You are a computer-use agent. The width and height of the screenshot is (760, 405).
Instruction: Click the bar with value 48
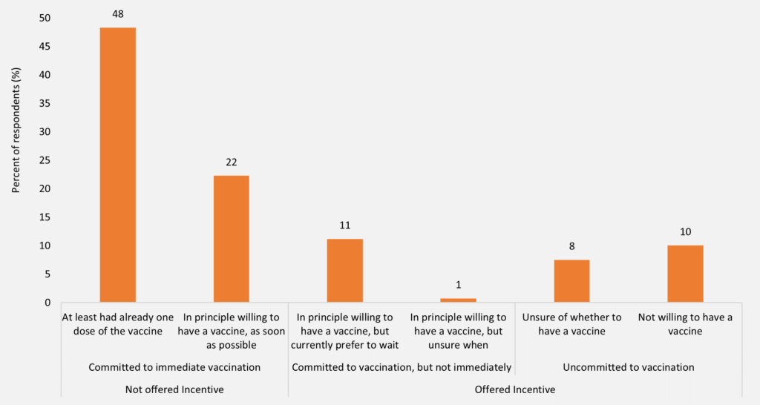tap(118, 165)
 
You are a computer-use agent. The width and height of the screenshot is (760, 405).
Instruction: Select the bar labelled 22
tap(232, 239)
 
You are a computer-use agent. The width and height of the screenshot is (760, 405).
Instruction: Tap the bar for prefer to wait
tap(345, 270)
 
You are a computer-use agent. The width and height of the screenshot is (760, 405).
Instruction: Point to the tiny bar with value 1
tap(458, 300)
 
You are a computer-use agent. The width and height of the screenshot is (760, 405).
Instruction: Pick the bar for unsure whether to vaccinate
tap(571, 280)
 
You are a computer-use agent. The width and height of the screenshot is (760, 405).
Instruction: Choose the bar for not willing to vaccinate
tap(685, 273)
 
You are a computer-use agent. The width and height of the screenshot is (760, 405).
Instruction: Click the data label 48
tap(118, 14)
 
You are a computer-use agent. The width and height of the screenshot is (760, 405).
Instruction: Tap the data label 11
tap(345, 225)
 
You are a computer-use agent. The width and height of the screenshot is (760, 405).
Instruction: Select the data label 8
tap(571, 246)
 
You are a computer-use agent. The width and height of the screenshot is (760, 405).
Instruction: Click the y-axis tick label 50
tap(45, 18)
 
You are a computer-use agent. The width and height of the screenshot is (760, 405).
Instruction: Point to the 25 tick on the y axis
tap(45, 160)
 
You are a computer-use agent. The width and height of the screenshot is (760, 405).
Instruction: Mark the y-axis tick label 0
tap(48, 303)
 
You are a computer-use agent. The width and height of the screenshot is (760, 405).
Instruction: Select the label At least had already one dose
tap(118, 324)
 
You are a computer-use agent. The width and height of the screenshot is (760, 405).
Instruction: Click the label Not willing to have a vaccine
tap(685, 324)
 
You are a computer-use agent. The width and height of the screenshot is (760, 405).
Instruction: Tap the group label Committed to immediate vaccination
tap(174, 367)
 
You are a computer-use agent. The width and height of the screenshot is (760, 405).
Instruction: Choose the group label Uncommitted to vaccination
tap(628, 367)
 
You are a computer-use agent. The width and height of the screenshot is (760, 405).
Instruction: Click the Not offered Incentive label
tap(174, 389)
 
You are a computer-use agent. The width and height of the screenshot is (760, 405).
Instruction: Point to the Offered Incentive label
tap(514, 389)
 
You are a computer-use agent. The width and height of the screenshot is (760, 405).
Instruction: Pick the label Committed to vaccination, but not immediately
tap(402, 367)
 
